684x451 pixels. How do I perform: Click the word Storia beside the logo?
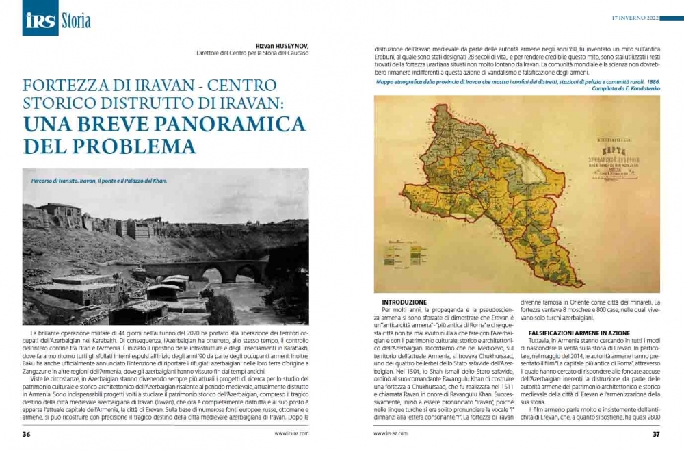pyautogui.click(x=75, y=21)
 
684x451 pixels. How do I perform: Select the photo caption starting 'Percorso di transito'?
pyautogui.click(x=99, y=181)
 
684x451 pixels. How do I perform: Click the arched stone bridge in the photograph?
pyautogui.click(x=205, y=270)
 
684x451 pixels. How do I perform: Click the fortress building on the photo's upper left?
pyautogui.click(x=58, y=218)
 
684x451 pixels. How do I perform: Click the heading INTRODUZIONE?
pyautogui.click(x=404, y=302)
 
